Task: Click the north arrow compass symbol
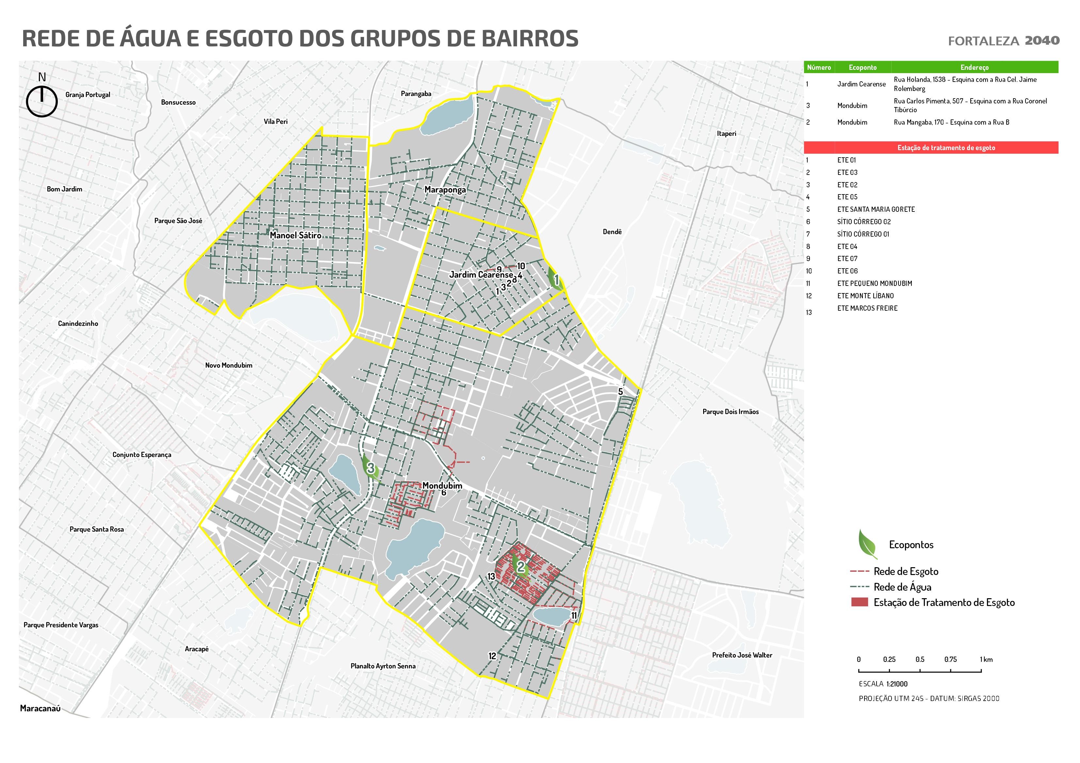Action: [x=42, y=100]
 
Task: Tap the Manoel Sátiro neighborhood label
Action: [x=296, y=235]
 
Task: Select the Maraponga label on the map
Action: [x=445, y=190]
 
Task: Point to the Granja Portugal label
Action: [x=88, y=95]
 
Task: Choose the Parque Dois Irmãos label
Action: [x=730, y=412]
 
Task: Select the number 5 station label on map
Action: [x=621, y=392]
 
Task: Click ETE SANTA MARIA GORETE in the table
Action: [x=876, y=210]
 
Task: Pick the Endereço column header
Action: [x=974, y=68]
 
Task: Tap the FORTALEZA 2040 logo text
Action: [x=1003, y=41]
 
